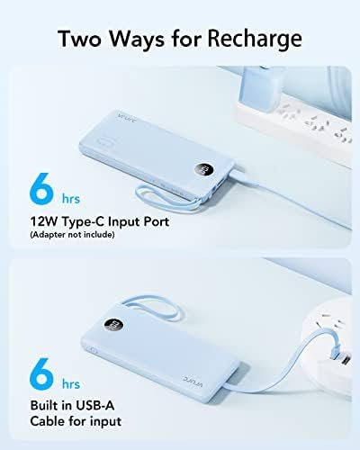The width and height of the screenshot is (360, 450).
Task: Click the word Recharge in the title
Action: [255, 40]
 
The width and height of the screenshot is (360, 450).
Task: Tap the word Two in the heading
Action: [80, 38]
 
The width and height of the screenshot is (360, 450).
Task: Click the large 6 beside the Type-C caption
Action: [41, 189]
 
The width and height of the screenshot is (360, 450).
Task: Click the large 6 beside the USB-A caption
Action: [41, 373]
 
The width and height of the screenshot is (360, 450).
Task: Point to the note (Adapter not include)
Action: [72, 234]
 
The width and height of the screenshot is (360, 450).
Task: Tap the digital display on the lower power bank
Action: [114, 326]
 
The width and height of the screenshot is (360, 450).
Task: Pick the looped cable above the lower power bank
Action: [150, 306]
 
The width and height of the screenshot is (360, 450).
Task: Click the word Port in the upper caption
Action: [157, 221]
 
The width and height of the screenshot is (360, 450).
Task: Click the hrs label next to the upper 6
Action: [71, 199]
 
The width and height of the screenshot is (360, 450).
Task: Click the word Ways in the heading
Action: [137, 39]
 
